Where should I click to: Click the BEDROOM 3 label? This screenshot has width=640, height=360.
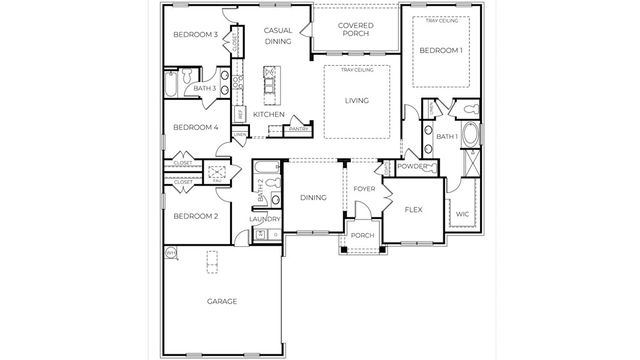coord(195,35)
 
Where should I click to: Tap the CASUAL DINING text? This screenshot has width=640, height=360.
coord(278,37)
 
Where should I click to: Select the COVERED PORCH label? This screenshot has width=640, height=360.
coord(355,31)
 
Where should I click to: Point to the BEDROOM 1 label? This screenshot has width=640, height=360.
coord(441,50)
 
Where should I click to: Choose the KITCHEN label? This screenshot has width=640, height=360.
coord(269,115)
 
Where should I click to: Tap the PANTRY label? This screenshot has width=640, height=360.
coord(297,128)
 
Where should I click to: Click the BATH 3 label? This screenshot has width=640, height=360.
coord(205,90)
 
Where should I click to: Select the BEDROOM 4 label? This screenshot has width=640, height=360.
coord(195,128)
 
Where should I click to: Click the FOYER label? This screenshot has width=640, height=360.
coord(363,188)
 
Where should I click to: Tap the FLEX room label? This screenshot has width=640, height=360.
coord(415,211)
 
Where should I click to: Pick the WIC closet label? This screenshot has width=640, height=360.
coord(462,214)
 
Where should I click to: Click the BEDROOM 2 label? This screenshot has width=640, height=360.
coord(195,217)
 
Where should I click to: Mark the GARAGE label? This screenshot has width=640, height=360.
coord(222,302)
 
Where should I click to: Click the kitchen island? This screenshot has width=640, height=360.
coord(268,86)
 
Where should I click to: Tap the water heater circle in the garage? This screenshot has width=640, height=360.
coord(171,253)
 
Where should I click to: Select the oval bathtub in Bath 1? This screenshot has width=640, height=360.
coord(469,135)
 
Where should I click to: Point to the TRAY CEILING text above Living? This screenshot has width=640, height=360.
coord(356,70)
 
